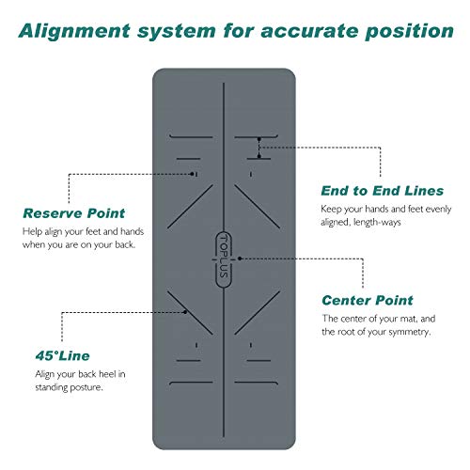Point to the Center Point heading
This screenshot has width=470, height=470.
pos(367,301)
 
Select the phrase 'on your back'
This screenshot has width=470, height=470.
pos(106,246)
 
